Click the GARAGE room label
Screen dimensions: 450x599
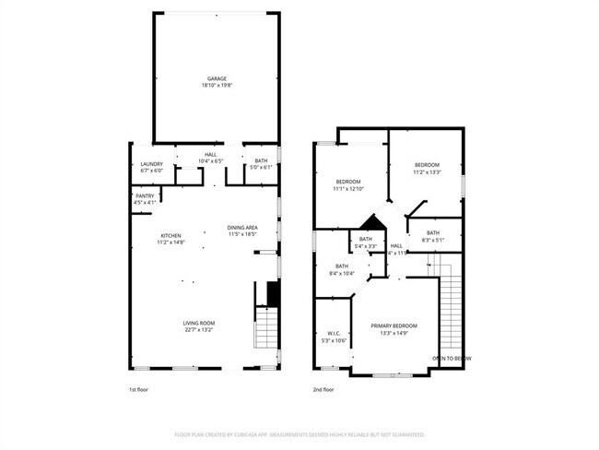[217, 78]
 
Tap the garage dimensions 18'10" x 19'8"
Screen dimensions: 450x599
[217, 86]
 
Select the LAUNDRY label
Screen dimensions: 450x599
[151, 164]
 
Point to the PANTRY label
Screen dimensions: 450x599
[146, 195]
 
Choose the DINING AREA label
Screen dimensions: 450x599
[242, 227]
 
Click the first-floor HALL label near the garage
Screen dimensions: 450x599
[211, 154]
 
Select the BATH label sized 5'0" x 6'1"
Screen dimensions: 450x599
[261, 160]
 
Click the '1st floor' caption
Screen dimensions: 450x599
[138, 390]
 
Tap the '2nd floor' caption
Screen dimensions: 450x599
[323, 390]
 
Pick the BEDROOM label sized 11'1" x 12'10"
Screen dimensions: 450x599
[347, 181]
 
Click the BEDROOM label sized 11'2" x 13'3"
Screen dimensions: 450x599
[427, 164]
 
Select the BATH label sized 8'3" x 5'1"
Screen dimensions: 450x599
[433, 232]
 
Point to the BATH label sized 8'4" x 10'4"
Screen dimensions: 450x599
[341, 266]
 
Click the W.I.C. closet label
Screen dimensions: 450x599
[334, 334]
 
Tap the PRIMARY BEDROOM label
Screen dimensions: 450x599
[394, 326]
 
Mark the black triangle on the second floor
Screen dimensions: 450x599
[371, 223]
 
